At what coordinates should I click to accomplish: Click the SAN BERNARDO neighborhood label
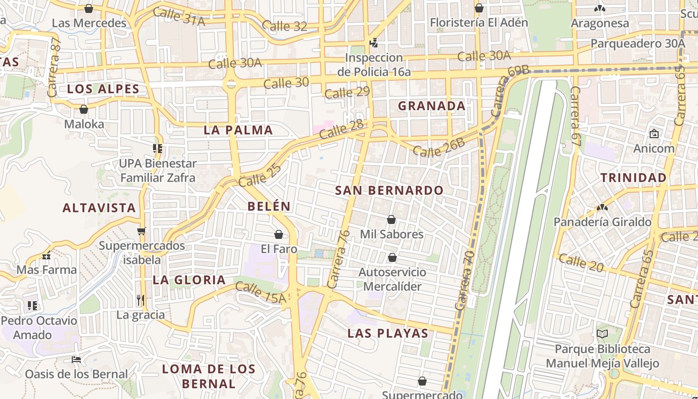pyautogui.click(x=389, y=191)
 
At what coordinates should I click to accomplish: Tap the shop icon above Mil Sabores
pyautogui.click(x=391, y=219)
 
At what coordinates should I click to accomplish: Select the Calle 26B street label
pyautogui.click(x=438, y=148)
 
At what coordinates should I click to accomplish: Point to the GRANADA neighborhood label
pyautogui.click(x=431, y=106)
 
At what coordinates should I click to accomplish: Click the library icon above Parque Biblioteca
pyautogui.click(x=602, y=334)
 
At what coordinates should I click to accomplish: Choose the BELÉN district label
pyautogui.click(x=269, y=206)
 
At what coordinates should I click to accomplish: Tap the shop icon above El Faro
pyautogui.click(x=279, y=234)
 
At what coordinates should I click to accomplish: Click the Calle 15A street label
pyautogui.click(x=260, y=293)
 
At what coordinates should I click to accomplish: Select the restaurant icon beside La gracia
pyautogui.click(x=141, y=300)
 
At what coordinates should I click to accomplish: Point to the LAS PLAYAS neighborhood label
pyautogui.click(x=387, y=333)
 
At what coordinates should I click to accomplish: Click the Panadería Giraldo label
pyautogui.click(x=602, y=222)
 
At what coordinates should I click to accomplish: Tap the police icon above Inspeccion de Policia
pyautogui.click(x=373, y=42)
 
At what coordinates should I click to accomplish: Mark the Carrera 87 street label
pyautogui.click(x=54, y=67)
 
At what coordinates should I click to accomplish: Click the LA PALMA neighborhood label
pyautogui.click(x=238, y=130)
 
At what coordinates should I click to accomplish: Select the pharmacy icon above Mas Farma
pyautogui.click(x=46, y=256)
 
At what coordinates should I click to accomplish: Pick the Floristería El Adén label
pyautogui.click(x=479, y=22)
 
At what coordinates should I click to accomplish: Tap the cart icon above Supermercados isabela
pyautogui.click(x=142, y=231)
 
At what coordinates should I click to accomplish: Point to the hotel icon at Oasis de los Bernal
pyautogui.click(x=76, y=359)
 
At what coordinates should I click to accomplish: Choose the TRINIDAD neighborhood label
pyautogui.click(x=633, y=178)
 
